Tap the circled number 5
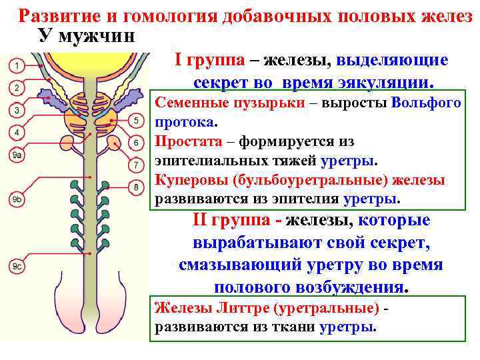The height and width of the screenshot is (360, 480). point(136,121)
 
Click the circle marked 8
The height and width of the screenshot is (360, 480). point(136,187)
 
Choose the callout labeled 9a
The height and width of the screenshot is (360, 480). point(17,155)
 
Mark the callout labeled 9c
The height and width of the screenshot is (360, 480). point(17,267)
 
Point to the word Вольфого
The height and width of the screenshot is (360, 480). point(427,103)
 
